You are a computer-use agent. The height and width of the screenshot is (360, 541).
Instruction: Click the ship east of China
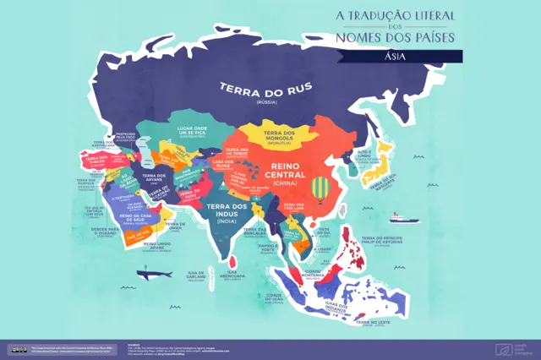(403, 218)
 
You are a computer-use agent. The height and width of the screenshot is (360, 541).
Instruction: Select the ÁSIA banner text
(394, 56)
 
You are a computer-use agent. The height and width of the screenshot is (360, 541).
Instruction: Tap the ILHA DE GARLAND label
(197, 275)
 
